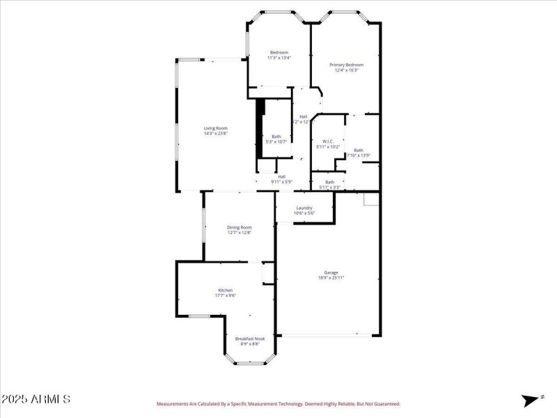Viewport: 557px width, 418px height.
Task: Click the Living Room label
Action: click(x=215, y=128)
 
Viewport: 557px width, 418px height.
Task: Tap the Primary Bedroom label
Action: click(x=347, y=65)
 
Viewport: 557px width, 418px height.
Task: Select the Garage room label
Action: click(x=331, y=272)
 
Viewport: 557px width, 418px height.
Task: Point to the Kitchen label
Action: click(x=225, y=290)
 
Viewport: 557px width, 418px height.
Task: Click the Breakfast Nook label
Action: click(x=249, y=339)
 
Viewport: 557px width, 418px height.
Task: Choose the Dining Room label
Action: click(x=240, y=227)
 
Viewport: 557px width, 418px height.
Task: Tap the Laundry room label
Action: click(x=304, y=208)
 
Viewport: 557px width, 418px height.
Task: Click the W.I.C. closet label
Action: click(x=327, y=141)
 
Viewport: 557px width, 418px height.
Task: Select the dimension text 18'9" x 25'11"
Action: click(x=331, y=278)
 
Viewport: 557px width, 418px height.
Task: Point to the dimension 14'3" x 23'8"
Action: click(x=215, y=134)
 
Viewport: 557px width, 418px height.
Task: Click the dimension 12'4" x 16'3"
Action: click(x=347, y=70)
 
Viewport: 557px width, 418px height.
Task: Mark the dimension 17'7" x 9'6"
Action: click(x=225, y=295)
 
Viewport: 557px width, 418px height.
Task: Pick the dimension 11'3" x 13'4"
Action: click(x=279, y=58)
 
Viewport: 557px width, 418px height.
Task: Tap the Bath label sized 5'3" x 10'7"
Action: click(x=276, y=137)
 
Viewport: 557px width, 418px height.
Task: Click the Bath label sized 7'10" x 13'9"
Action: click(x=358, y=150)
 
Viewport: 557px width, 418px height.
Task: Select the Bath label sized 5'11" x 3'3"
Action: click(x=329, y=183)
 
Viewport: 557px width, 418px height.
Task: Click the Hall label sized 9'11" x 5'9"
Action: click(x=281, y=176)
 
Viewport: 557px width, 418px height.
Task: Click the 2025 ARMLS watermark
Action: click(x=36, y=399)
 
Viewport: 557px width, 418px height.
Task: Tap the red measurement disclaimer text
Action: click(x=278, y=403)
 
